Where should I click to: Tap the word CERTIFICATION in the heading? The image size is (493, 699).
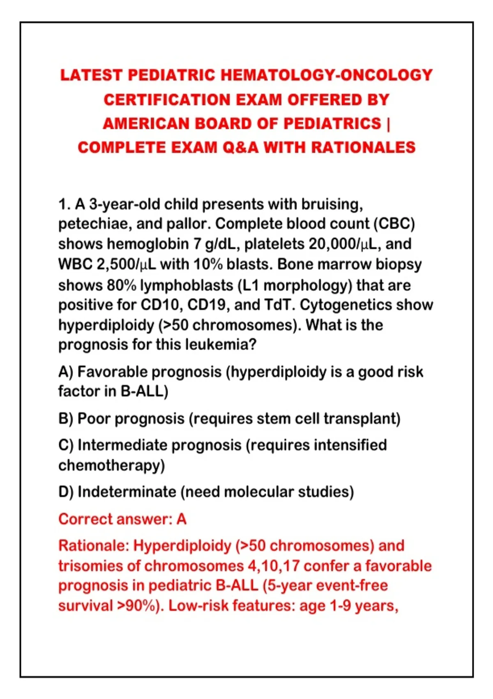point(167,100)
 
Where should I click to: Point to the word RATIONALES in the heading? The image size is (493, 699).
point(363,147)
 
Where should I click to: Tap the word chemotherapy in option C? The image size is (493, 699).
point(111,465)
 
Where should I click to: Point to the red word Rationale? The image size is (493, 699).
point(94,546)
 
